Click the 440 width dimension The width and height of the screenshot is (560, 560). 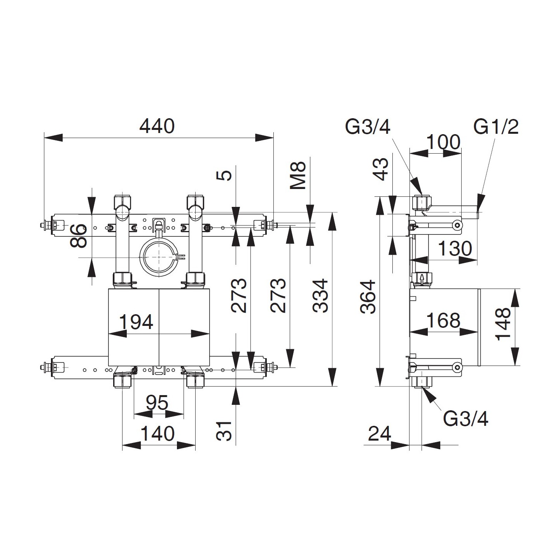tap(157, 126)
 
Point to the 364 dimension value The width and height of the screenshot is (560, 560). tap(368, 296)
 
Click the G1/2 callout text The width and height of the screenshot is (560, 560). tap(496, 127)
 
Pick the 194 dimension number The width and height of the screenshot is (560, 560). tap(136, 322)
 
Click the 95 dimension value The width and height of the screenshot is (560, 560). tap(157, 403)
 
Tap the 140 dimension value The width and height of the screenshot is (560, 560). tap(157, 434)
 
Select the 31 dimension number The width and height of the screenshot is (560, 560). tap(224, 431)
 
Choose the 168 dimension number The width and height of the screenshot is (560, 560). tap(443, 321)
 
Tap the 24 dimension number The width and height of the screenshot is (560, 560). tap(379, 434)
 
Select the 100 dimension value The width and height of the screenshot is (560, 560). tap(443, 142)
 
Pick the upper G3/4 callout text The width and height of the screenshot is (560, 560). tap(367, 127)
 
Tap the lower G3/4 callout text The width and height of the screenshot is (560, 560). tap(465, 419)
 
